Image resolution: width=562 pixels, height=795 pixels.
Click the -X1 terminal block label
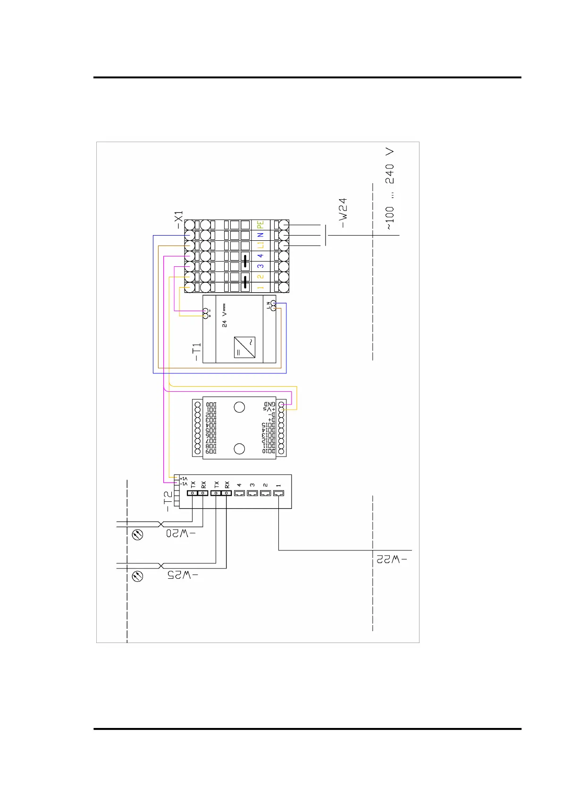point(178,220)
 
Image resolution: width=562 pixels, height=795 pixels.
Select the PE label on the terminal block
point(260,225)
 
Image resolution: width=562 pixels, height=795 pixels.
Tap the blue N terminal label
point(260,235)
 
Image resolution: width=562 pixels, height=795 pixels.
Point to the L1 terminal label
point(260,245)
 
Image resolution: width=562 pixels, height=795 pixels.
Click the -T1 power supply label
point(196,352)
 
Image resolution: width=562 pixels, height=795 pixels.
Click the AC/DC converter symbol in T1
point(244,347)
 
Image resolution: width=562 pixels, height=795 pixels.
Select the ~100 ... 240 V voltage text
point(389,189)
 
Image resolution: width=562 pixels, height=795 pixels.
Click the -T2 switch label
point(168,501)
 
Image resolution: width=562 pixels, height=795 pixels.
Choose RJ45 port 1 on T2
point(278,493)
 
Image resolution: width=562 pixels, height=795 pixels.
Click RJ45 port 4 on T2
point(239,493)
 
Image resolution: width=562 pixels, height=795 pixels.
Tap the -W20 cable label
point(181,533)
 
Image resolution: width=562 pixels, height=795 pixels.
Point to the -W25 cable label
point(183,575)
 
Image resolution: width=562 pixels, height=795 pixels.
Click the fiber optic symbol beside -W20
point(137,535)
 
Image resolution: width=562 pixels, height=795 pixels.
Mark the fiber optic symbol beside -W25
point(137,576)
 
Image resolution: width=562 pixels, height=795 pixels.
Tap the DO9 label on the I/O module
point(211,452)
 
